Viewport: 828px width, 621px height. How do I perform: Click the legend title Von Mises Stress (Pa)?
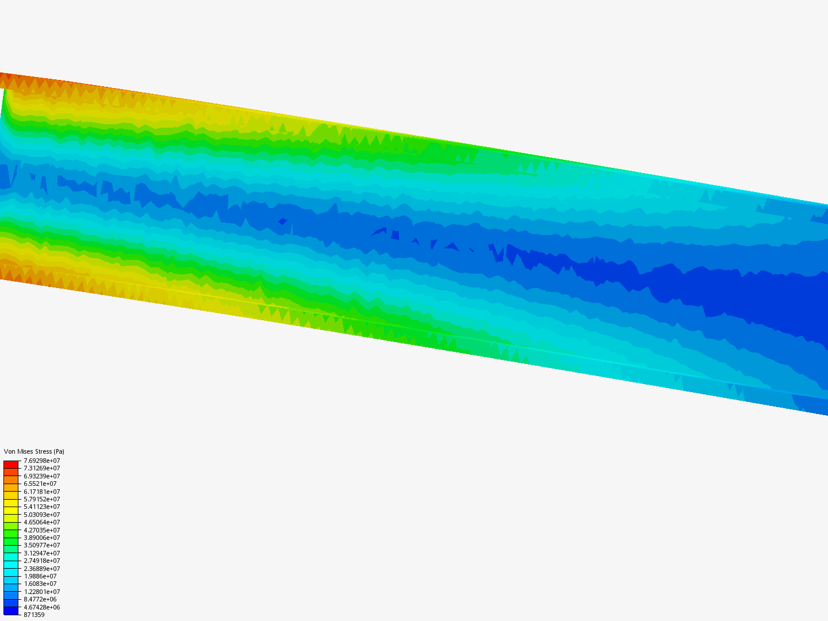click(x=34, y=451)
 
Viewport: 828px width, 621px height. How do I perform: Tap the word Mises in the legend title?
click(x=25, y=451)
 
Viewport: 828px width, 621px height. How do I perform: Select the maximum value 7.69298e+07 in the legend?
click(x=41, y=461)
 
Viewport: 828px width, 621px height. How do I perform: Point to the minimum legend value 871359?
click(x=34, y=615)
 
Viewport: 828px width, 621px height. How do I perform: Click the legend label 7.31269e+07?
click(x=41, y=468)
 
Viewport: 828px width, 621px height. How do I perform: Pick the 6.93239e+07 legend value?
click(x=41, y=476)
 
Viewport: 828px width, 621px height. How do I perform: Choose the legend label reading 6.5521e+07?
click(x=40, y=484)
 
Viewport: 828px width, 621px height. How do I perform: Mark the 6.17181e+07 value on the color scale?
click(x=41, y=492)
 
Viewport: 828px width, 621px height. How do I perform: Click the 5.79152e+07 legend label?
click(x=41, y=499)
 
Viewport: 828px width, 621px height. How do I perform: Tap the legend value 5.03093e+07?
click(x=41, y=515)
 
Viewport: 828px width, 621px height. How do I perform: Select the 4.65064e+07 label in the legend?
click(x=41, y=522)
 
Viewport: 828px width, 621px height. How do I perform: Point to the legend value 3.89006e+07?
click(x=41, y=538)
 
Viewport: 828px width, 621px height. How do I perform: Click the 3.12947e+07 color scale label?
click(x=41, y=553)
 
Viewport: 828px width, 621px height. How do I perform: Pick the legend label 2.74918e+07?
click(x=41, y=561)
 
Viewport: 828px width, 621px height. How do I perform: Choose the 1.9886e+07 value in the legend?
click(x=40, y=576)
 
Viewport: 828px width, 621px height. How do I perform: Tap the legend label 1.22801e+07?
click(x=41, y=592)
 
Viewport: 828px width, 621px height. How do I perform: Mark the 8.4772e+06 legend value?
click(x=40, y=599)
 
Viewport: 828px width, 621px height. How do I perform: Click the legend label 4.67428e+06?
click(x=41, y=607)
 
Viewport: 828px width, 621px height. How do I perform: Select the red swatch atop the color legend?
click(x=11, y=464)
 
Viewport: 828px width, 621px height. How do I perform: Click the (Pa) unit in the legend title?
click(x=58, y=451)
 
